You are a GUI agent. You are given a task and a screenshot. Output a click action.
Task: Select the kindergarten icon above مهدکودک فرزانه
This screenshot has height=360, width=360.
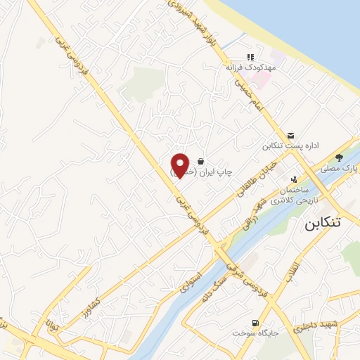pos(249,57)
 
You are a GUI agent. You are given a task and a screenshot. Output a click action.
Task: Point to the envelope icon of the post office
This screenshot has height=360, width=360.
pos(291,136)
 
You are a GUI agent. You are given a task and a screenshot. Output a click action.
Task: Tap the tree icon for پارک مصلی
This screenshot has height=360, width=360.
pos(340,157)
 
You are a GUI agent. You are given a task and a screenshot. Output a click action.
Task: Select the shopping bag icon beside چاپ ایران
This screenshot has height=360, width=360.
pos(201,160)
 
